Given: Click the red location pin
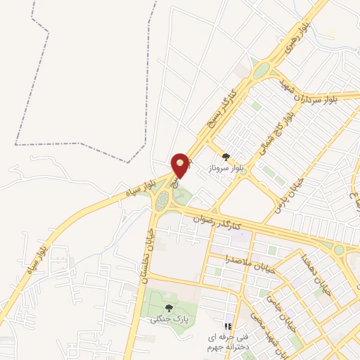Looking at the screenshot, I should point(181,165).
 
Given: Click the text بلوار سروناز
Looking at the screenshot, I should point(226,169).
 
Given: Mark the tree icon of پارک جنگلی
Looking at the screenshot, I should point(168,308).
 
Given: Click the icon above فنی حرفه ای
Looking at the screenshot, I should point(226,327).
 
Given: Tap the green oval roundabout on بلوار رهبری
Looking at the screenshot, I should point(262,71).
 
